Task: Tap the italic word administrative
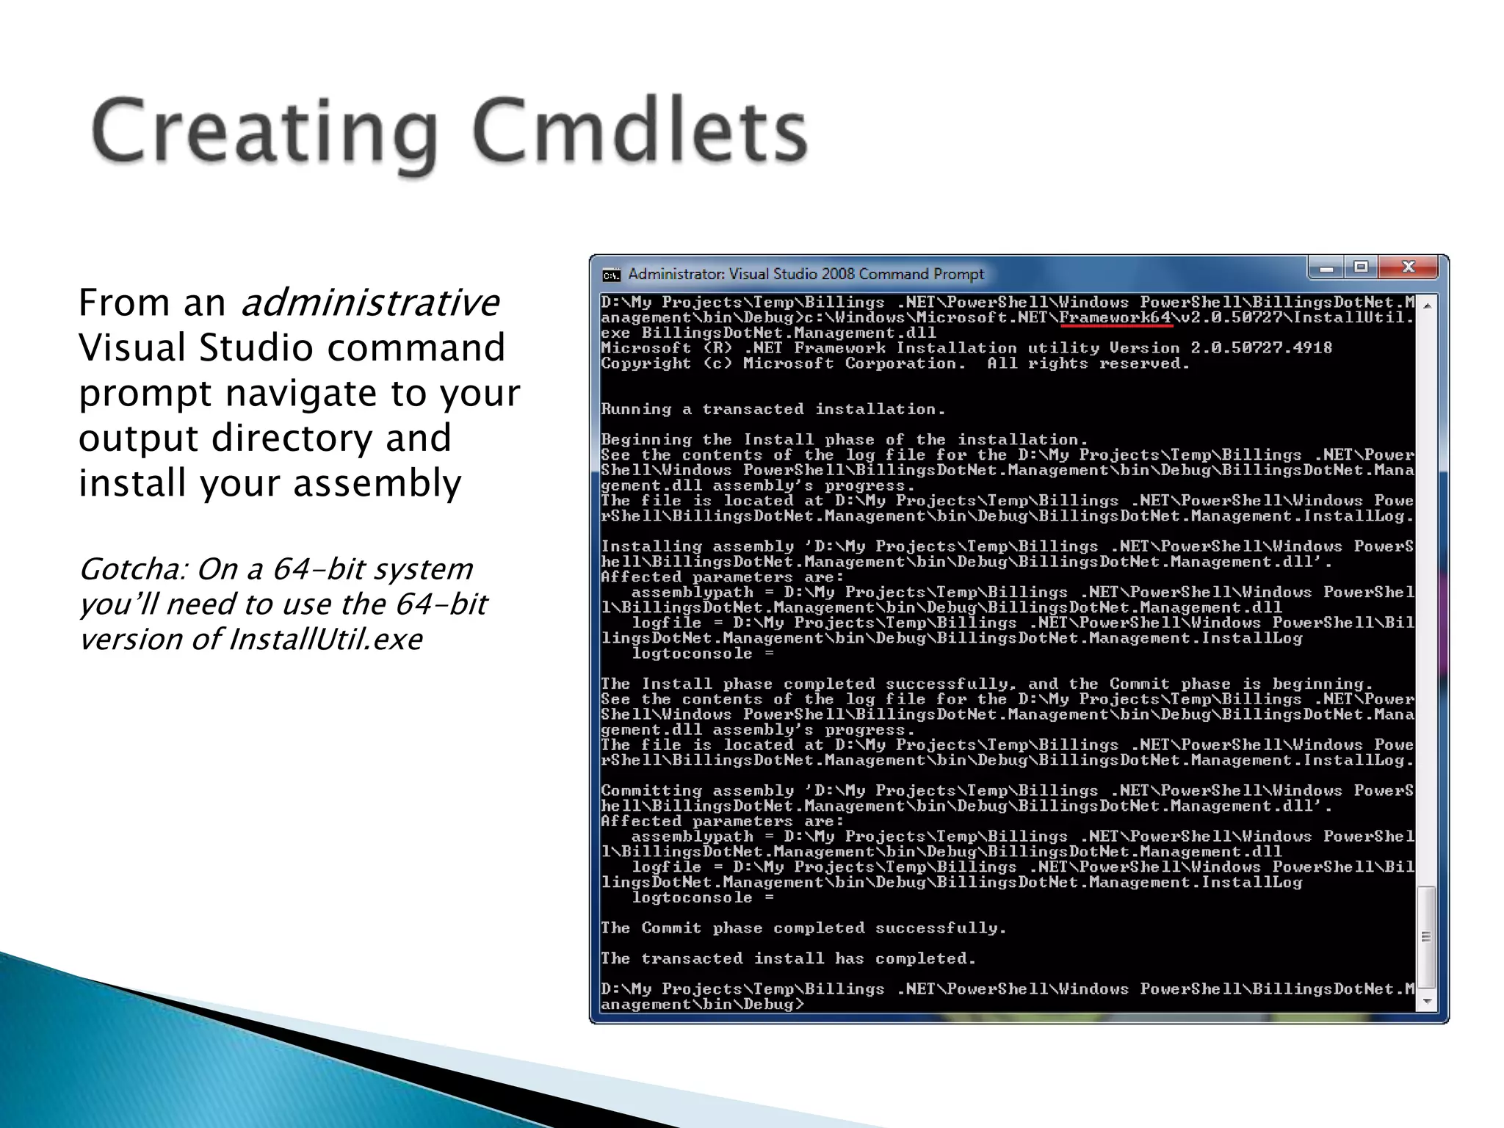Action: (x=370, y=303)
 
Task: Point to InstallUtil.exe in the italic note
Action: (x=325, y=640)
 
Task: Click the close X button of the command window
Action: (x=1408, y=268)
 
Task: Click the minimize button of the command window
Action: (x=1326, y=269)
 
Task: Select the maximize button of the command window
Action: (x=1361, y=268)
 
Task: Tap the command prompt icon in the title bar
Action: (x=611, y=275)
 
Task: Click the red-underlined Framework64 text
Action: (x=1115, y=318)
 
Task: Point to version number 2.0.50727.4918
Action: (x=1261, y=348)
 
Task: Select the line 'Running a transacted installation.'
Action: (x=773, y=409)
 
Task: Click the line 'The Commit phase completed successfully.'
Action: (x=803, y=928)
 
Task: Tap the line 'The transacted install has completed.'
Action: (x=788, y=958)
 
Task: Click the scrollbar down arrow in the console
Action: (x=1427, y=1002)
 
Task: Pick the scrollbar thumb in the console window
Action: (x=1426, y=937)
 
